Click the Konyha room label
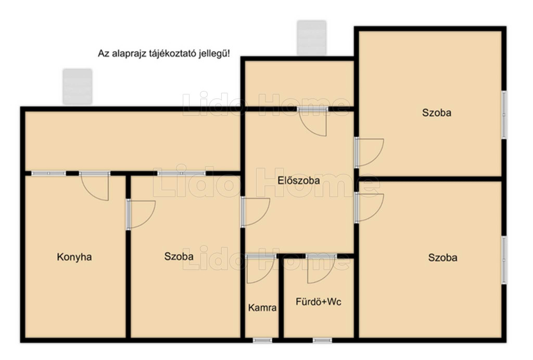[74, 257]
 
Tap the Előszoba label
[299, 180]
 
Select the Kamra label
[262, 308]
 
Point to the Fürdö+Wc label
[319, 302]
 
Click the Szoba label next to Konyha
[179, 256]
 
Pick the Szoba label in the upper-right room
[437, 113]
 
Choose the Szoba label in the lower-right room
[442, 257]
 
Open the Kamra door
[261, 269]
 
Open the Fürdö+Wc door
[321, 269]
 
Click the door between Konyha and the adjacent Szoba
[141, 214]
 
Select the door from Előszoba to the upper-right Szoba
[369, 153]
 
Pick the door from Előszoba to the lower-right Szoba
[369, 207]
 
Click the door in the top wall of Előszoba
[313, 121]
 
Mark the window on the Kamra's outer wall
[262, 340]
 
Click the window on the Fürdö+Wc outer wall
[322, 340]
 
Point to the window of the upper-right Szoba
[504, 115]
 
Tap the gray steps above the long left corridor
[78, 86]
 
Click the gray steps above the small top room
[312, 38]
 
